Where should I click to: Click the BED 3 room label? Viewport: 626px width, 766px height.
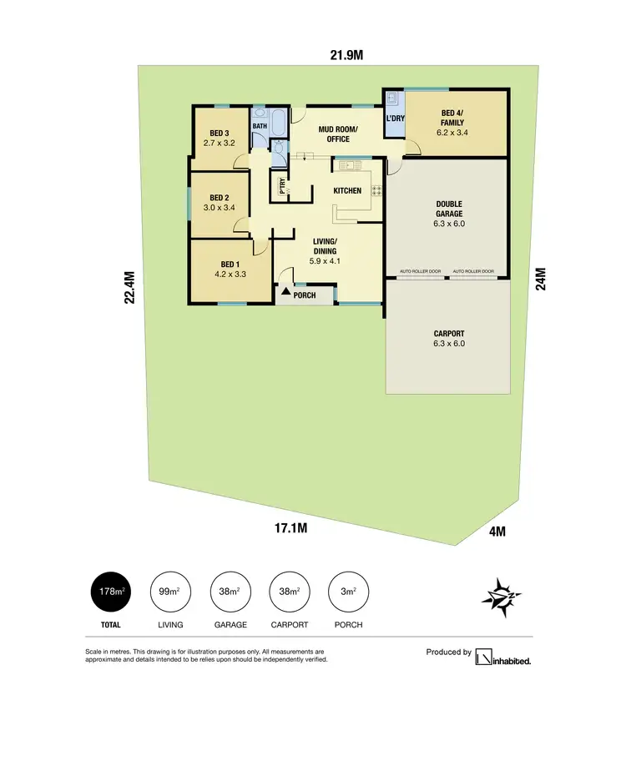point(220,132)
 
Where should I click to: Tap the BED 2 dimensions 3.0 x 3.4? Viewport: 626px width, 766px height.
point(220,208)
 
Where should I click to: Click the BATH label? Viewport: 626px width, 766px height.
point(260,127)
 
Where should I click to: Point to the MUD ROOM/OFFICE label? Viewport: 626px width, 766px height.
point(337,134)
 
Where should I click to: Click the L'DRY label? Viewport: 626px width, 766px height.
point(395,118)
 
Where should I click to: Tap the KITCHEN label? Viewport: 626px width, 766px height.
point(347,191)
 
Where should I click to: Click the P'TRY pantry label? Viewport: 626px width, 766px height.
point(282,188)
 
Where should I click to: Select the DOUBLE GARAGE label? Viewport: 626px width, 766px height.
point(448,209)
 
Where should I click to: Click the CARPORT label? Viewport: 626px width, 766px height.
point(448,334)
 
